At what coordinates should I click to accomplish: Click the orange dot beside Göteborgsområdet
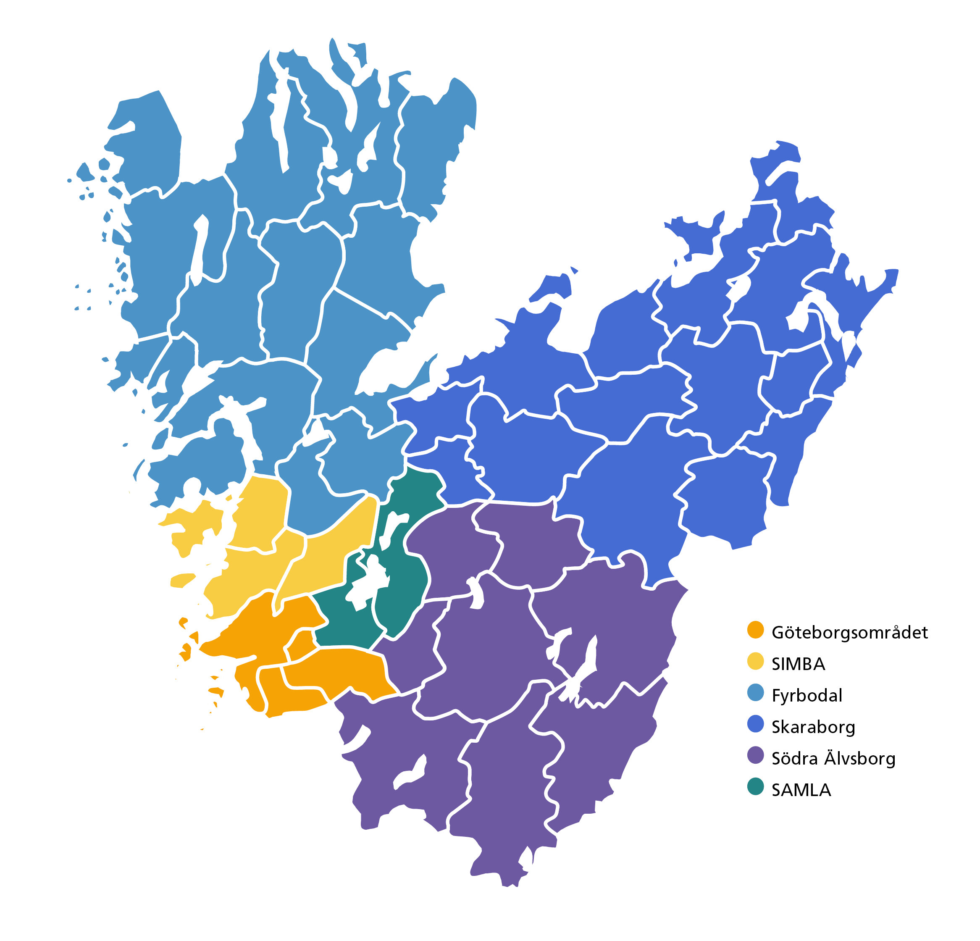pyautogui.click(x=756, y=630)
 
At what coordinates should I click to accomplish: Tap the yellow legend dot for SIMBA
pyautogui.click(x=756, y=662)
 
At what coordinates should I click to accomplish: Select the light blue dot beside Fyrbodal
pyautogui.click(x=756, y=693)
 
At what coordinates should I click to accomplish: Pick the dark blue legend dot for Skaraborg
pyautogui.click(x=756, y=725)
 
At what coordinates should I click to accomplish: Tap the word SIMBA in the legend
pyautogui.click(x=798, y=664)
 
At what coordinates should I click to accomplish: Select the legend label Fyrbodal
pyautogui.click(x=807, y=696)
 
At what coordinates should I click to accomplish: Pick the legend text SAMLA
pyautogui.click(x=801, y=790)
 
